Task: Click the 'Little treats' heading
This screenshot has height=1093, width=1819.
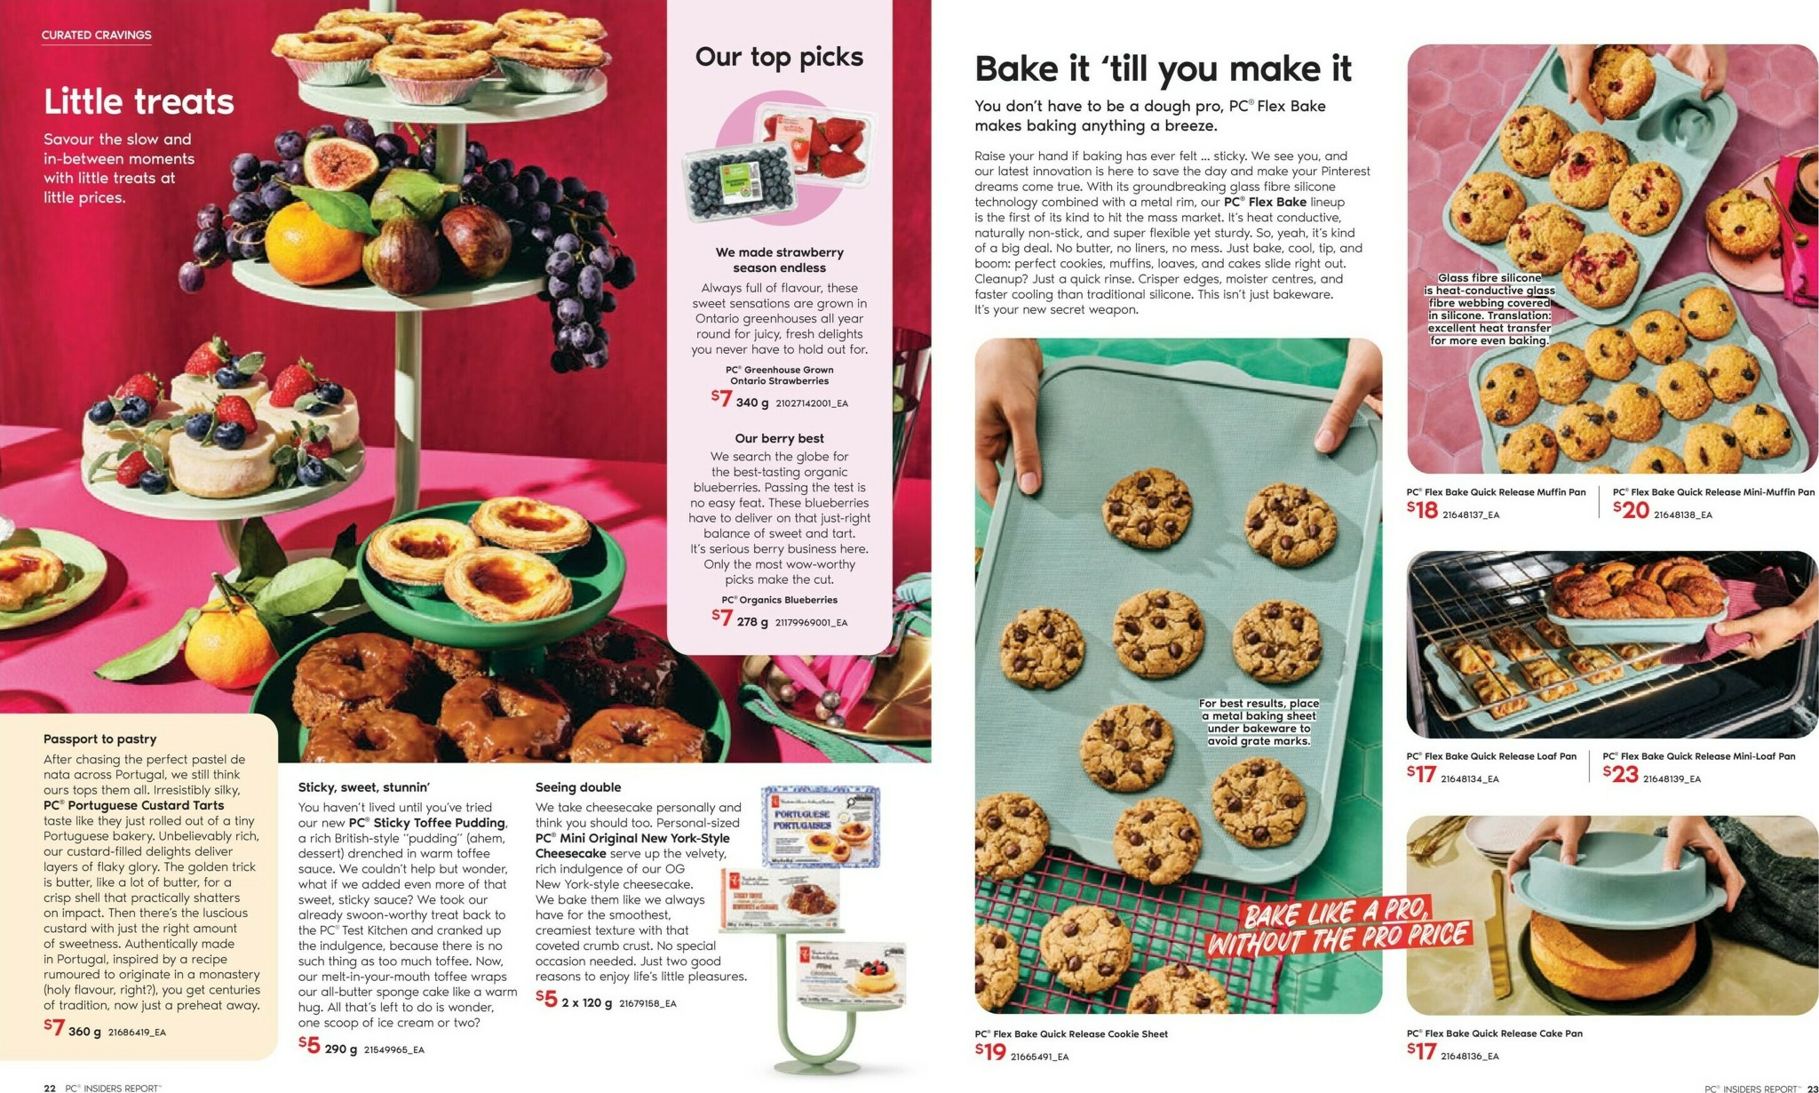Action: [x=139, y=101]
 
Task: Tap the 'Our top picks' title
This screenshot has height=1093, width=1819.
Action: [x=779, y=57]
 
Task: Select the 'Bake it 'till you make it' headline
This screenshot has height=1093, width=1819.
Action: [x=1163, y=68]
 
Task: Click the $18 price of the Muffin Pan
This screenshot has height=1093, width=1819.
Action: [x=1422, y=510]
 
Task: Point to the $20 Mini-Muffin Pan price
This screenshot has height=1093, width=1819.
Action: [x=1631, y=510]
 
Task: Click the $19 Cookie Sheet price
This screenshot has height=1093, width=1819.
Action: [x=990, y=1052]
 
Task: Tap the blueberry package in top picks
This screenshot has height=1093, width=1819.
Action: [x=739, y=183]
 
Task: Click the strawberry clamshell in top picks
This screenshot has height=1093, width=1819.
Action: [x=815, y=138]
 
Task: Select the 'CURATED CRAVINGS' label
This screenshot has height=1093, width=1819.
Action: [x=96, y=36]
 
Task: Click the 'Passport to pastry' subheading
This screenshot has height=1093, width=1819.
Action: [x=99, y=739]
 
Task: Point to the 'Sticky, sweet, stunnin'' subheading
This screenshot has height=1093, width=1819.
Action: [x=364, y=787]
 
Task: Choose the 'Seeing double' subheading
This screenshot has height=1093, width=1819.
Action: [x=578, y=787]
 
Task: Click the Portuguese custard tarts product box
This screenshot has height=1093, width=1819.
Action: [x=820, y=825]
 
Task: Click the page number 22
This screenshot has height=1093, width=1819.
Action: [x=50, y=1088]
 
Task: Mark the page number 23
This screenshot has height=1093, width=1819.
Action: [x=1811, y=1088]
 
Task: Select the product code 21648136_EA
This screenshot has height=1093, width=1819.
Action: [x=1469, y=1057]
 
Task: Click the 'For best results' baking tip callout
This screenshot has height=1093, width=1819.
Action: [x=1259, y=722]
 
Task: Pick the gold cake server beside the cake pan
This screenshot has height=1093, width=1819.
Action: [x=1499, y=933]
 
